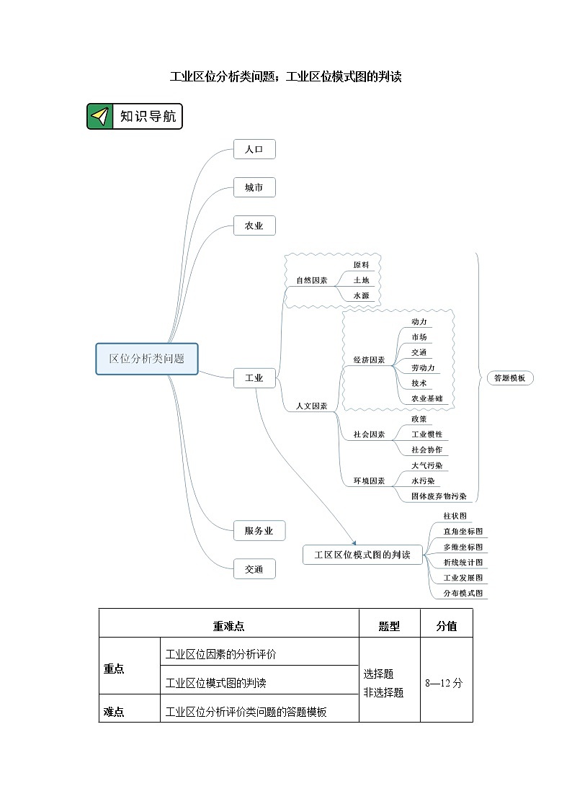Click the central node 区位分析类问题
pos(147,359)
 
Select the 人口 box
pos(254,150)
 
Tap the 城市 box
pos(254,188)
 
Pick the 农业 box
pos(254,226)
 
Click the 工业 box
pos(254,377)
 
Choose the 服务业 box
pos(259,531)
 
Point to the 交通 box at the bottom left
pos(254,569)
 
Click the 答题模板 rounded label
pos(509,378)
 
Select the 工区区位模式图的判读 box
pos(362,555)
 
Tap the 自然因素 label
pos(311,280)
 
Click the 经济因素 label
pos(369,359)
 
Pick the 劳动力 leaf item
pos(423,368)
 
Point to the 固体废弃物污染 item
pos(439,496)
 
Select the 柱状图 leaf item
pos(455,516)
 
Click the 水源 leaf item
pos(361,295)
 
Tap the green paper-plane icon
pos(100,117)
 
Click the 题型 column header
pos(389,627)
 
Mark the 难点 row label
pos(114,712)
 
